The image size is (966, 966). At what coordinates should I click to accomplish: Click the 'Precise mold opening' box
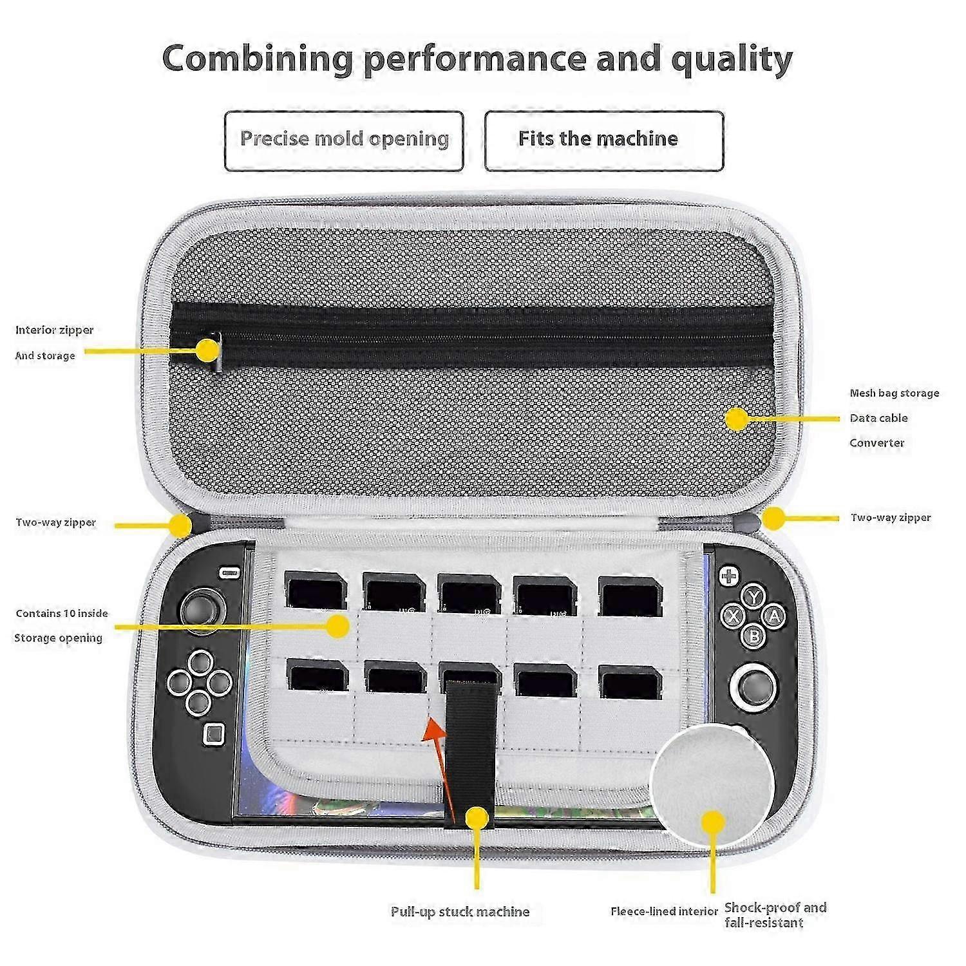pos(344,141)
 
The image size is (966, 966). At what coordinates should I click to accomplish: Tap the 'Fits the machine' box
pos(604,141)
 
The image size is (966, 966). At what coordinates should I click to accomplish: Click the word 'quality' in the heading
pos(732,60)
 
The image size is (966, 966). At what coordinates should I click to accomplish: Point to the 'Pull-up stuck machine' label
pos(460,912)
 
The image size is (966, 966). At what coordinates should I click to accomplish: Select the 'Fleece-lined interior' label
pos(664,911)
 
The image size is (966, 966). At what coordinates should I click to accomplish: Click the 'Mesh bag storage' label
pos(895,393)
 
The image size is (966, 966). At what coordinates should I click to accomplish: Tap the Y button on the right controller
pos(753,597)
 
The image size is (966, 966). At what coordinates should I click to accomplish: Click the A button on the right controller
pos(773,616)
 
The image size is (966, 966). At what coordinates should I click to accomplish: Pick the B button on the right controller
pos(753,636)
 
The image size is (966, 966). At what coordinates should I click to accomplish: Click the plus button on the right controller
pos(728,575)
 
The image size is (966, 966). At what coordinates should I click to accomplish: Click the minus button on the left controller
pos(228,573)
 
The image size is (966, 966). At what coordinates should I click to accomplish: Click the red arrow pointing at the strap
pos(440,768)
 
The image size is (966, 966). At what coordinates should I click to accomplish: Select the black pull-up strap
pos(471,747)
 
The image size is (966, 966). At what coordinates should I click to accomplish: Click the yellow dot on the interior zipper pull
pos(207,350)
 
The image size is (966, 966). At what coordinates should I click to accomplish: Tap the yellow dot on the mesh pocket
pos(737,419)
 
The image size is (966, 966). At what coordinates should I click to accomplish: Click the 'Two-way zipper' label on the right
pos(891,518)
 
